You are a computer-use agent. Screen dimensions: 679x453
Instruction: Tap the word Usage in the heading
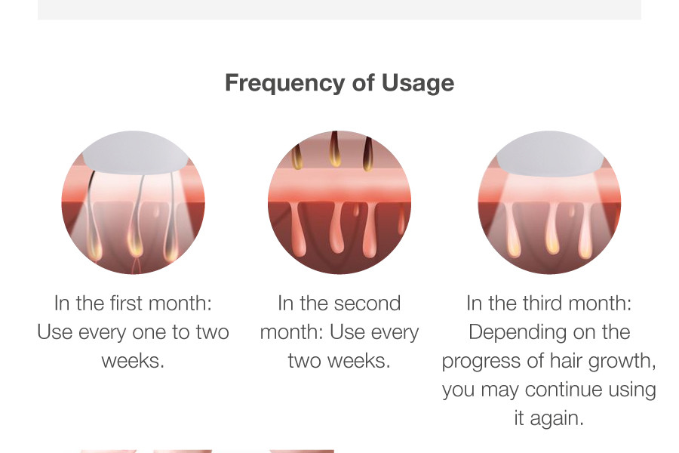418,84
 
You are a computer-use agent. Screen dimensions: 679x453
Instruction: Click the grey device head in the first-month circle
135,153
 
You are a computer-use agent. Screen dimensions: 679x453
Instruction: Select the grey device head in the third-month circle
550,153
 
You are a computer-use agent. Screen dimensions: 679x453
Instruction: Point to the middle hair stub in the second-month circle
334,149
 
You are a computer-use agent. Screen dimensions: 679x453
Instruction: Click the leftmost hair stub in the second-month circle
296,158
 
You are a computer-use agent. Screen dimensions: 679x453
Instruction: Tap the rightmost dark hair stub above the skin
367,154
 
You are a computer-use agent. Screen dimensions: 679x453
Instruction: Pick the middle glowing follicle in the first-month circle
135,243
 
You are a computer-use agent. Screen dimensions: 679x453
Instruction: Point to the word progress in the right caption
481,362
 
